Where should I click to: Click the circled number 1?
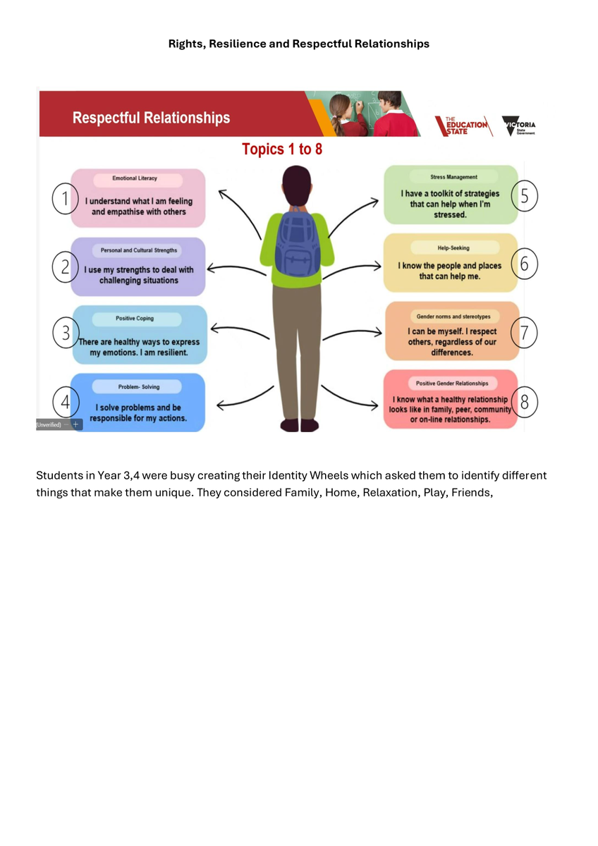pyautogui.click(x=65, y=200)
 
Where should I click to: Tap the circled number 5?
pyautogui.click(x=524, y=196)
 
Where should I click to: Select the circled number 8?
pyautogui.click(x=524, y=402)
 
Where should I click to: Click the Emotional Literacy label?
pyautogui.click(x=135, y=178)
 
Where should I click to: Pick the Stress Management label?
pyautogui.click(x=453, y=177)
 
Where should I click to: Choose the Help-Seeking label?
pyautogui.click(x=453, y=248)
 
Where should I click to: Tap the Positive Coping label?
pyautogui.click(x=134, y=319)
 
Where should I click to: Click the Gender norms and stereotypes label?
pyautogui.click(x=453, y=317)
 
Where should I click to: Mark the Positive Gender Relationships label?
pyautogui.click(x=452, y=383)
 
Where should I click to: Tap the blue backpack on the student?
pyautogui.click(x=297, y=242)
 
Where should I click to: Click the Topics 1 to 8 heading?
pyautogui.click(x=282, y=149)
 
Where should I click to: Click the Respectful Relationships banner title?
pyautogui.click(x=151, y=118)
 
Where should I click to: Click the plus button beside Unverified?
pyautogui.click(x=76, y=424)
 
